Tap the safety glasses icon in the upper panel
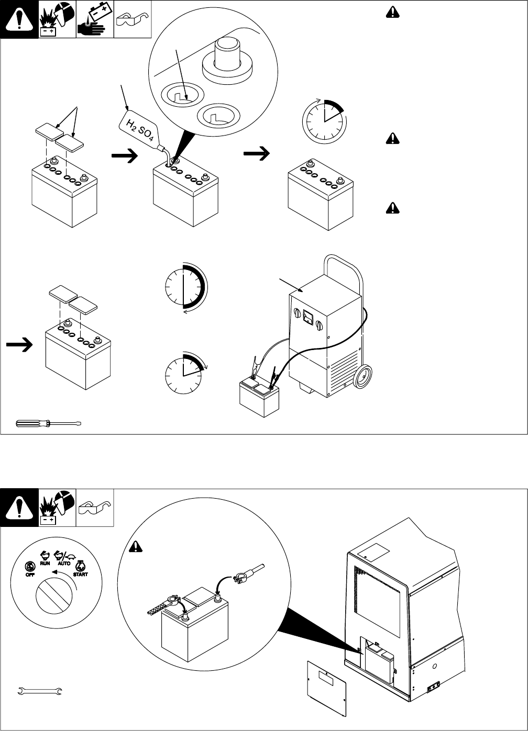[133, 20]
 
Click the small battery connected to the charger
[259, 398]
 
